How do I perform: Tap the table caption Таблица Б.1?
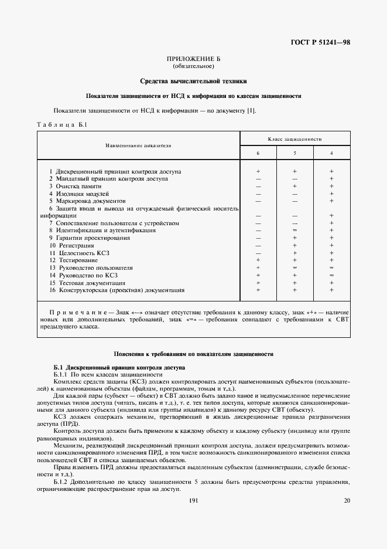point(62,125)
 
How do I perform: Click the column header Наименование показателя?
point(138,145)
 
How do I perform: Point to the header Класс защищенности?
point(294,139)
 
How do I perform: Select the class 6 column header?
point(258,152)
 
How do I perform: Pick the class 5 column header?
point(295,152)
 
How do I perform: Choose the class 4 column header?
point(332,152)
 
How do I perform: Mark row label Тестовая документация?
point(87,282)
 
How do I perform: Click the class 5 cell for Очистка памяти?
point(295,186)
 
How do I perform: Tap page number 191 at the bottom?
point(194,500)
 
